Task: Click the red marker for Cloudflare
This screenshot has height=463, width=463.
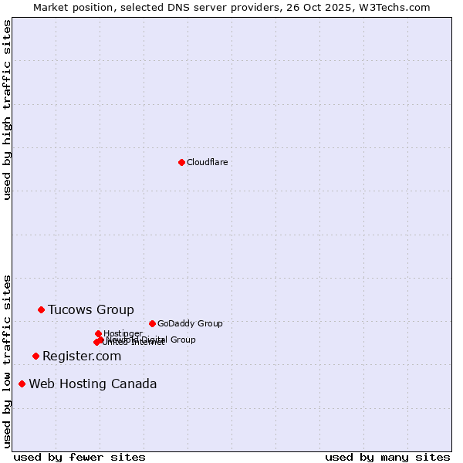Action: click(x=181, y=162)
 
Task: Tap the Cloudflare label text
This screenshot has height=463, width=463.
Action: click(x=207, y=162)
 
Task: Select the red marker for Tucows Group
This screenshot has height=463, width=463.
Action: click(x=41, y=309)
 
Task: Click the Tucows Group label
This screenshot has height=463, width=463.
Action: click(x=90, y=309)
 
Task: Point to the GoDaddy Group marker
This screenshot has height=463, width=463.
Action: click(x=152, y=323)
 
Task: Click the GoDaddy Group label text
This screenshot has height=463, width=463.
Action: click(x=190, y=323)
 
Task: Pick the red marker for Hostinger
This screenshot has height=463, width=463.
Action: click(x=98, y=333)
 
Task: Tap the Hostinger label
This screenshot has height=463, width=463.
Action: click(x=123, y=333)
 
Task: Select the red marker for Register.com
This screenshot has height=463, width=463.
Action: click(x=35, y=356)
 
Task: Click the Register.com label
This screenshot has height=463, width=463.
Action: click(x=82, y=356)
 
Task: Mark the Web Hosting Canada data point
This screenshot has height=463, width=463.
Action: click(x=22, y=384)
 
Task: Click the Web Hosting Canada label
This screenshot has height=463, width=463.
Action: click(x=93, y=384)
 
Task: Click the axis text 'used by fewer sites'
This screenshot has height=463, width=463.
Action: click(x=79, y=457)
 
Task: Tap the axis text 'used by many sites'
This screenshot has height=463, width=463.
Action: click(x=387, y=457)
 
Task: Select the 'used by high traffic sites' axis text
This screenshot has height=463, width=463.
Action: click(x=7, y=110)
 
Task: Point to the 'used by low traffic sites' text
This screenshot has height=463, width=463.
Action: click(x=7, y=361)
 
